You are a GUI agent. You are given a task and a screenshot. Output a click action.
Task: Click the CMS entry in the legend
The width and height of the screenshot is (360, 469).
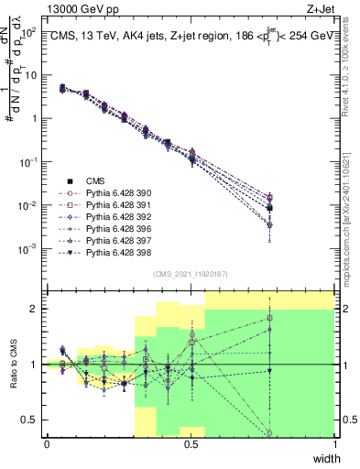(x=96, y=182)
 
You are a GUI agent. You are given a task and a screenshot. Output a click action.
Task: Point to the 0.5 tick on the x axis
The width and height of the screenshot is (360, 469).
(x=191, y=444)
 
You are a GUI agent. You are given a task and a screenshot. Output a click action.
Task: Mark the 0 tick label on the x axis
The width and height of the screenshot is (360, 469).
(x=47, y=444)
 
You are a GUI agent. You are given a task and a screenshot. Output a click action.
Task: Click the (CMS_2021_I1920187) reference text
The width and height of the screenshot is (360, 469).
(x=191, y=273)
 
